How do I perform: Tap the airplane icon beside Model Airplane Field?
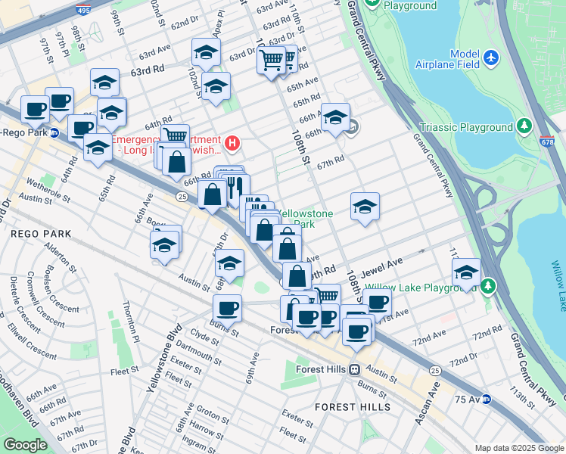tap(492, 57)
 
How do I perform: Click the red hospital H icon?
tap(233, 142)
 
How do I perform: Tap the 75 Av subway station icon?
tap(487, 399)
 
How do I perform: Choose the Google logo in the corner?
tap(25, 445)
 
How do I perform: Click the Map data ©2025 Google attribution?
tap(518, 448)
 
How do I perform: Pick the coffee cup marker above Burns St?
tap(227, 308)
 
